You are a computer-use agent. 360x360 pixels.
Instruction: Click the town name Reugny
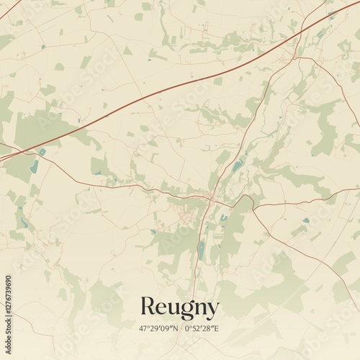tap(179, 307)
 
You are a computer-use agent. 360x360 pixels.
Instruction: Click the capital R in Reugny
tap(148, 307)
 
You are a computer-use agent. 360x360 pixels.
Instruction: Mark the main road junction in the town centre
tap(209, 196)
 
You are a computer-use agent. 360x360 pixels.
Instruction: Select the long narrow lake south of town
tap(201, 250)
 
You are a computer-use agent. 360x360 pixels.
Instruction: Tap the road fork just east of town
tap(253, 207)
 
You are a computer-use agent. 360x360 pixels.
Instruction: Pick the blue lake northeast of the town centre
tap(237, 167)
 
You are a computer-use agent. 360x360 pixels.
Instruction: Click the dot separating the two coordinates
tap(181, 328)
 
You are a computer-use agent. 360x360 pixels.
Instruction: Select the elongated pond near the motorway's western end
tap(34, 166)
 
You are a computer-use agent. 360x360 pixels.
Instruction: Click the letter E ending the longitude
tap(217, 328)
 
